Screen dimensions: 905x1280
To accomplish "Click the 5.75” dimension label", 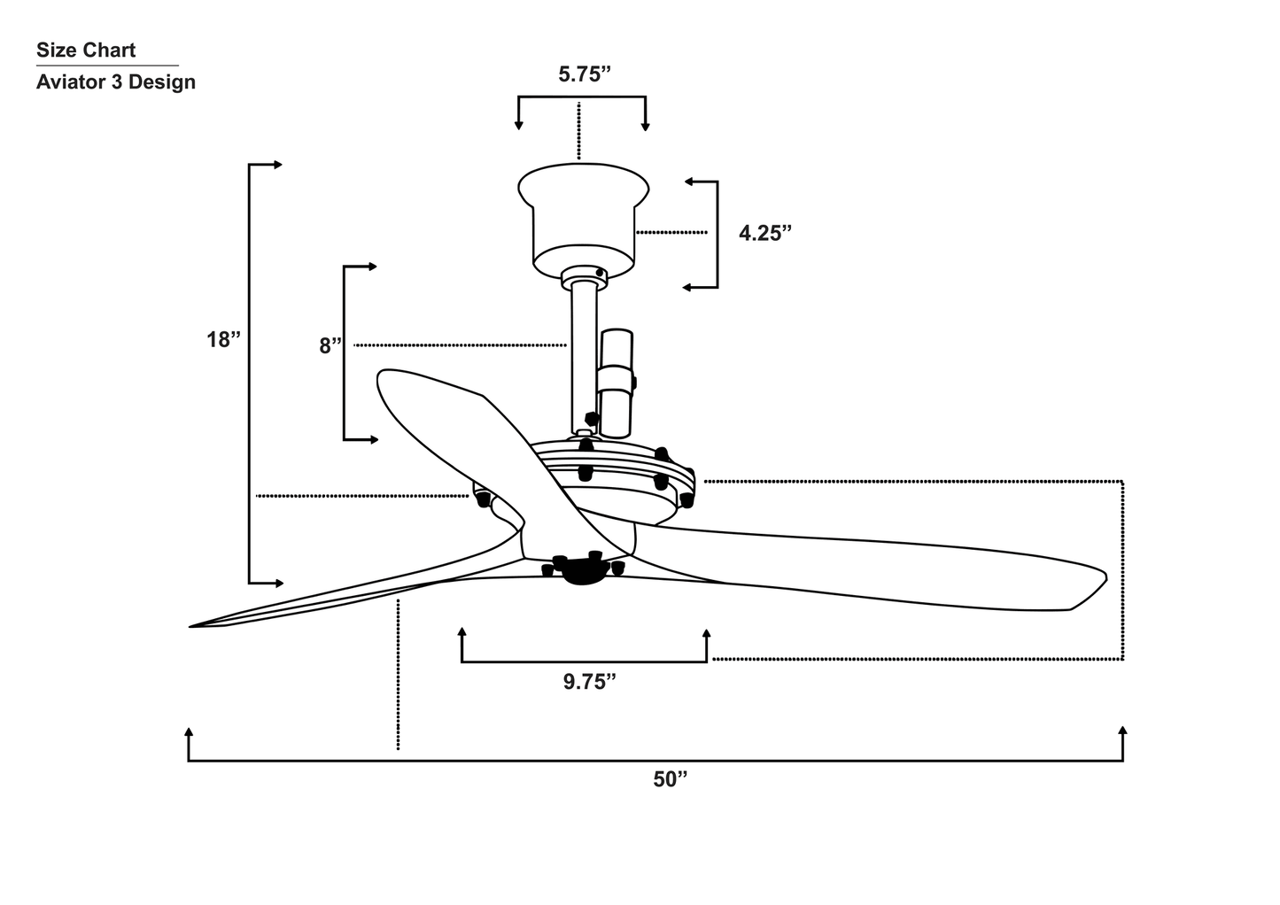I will pos(586,74).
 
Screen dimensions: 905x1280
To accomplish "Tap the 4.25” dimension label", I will pos(764,233).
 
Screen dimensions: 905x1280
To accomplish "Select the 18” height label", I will pos(224,339).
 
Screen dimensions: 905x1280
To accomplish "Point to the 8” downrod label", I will pos(330,345).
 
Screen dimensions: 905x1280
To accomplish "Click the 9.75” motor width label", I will pos(589,682).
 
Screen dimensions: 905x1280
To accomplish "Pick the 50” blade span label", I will pos(671,779).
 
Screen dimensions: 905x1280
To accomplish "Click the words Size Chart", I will pos(86,50).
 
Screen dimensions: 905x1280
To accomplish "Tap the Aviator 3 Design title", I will pos(115,82).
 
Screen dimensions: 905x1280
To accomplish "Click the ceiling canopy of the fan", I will pos(582,217).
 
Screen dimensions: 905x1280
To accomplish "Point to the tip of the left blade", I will pos(193,626).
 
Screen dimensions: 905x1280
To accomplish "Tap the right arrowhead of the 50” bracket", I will pos(1122,731).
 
